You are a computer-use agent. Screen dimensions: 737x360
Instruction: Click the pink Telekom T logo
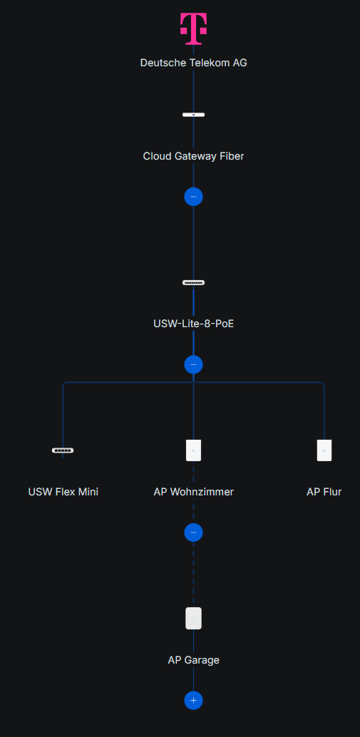[193, 29]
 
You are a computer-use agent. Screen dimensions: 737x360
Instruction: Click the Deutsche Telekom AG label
[193, 63]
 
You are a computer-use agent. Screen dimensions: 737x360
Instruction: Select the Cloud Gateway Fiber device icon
[193, 115]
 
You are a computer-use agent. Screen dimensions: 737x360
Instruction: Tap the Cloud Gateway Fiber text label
[193, 156]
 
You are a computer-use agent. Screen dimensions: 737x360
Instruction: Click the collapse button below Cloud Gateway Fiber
[193, 196]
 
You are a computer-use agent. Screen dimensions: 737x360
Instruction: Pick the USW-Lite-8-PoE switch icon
[193, 283]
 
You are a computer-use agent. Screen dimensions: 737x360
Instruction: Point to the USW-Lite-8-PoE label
[193, 324]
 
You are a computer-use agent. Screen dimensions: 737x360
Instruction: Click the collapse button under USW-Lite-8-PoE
[193, 364]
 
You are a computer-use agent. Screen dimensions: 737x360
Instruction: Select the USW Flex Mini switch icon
[63, 450]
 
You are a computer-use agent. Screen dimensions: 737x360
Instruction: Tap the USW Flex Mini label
[63, 492]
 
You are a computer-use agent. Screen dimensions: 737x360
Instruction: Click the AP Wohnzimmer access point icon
[193, 450]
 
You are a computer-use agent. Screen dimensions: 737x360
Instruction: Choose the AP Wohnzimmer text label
[193, 492]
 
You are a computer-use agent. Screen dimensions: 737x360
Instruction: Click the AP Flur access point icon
[324, 450]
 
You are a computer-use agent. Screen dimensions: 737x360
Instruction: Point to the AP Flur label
[324, 492]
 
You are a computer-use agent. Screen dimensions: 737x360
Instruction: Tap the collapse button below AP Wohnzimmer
[193, 532]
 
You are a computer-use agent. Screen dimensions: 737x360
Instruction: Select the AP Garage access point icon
[193, 618]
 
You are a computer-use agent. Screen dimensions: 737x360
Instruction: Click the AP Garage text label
[193, 660]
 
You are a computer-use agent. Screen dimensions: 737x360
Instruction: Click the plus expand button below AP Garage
[193, 701]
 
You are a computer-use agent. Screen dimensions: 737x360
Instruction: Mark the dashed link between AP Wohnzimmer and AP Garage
[193, 574]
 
